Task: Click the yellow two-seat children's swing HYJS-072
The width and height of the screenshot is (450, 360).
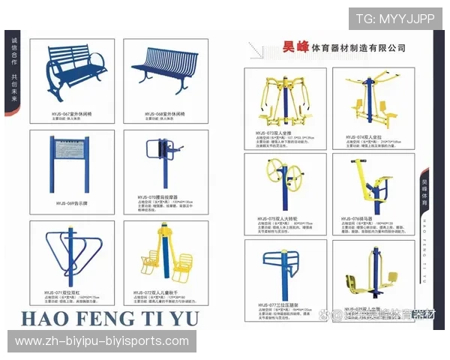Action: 163,255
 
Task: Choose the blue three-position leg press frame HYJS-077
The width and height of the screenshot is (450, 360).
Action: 283,270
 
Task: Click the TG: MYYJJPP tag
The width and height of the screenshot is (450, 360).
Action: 394,19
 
